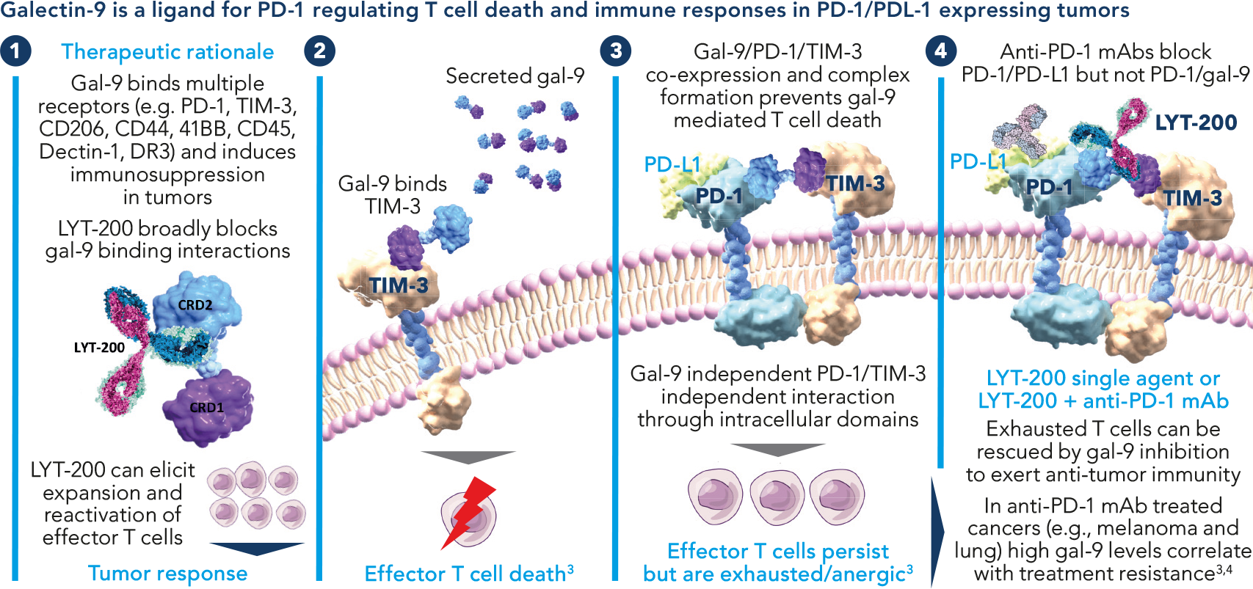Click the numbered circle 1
15,51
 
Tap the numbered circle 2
319,51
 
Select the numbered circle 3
615,51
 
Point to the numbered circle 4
941,51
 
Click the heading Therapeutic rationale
167,52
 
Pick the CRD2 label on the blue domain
195,305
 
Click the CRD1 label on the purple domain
206,407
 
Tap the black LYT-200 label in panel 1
99,348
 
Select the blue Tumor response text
167,574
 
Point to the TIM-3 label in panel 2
398,285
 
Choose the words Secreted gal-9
515,76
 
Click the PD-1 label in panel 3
719,196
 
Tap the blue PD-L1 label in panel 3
672,164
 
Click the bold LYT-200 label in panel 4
1196,122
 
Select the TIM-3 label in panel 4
1192,198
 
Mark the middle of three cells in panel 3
777,496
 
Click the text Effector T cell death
465,574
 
